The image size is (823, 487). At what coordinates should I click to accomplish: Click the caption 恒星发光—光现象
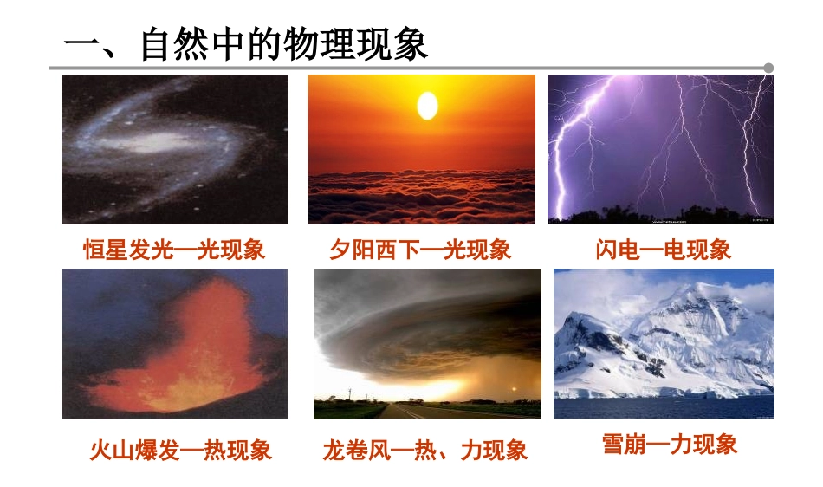pyautogui.click(x=174, y=250)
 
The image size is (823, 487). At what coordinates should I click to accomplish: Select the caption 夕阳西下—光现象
pyautogui.click(x=420, y=250)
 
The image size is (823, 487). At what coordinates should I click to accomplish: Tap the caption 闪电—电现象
pyautogui.click(x=664, y=250)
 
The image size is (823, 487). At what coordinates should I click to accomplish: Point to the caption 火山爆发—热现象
pyautogui.click(x=181, y=451)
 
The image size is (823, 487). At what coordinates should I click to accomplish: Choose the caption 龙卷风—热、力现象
pyautogui.click(x=425, y=451)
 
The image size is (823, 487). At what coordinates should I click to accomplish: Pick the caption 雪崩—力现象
pyautogui.click(x=670, y=445)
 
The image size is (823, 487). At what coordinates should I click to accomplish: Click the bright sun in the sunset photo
pyautogui.click(x=427, y=106)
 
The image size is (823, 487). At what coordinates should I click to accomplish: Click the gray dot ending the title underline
pyautogui.click(x=768, y=68)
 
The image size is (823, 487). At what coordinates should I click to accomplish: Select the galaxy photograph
pyautogui.click(x=175, y=149)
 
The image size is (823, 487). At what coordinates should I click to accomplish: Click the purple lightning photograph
pyautogui.click(x=660, y=149)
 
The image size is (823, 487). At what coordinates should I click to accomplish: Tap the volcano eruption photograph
pyautogui.click(x=175, y=343)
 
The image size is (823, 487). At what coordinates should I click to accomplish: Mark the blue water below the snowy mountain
pyautogui.click(x=664, y=408)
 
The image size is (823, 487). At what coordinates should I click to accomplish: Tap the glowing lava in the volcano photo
pyautogui.click(x=186, y=364)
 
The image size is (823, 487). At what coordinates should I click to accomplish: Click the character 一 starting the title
pyautogui.click(x=84, y=46)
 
